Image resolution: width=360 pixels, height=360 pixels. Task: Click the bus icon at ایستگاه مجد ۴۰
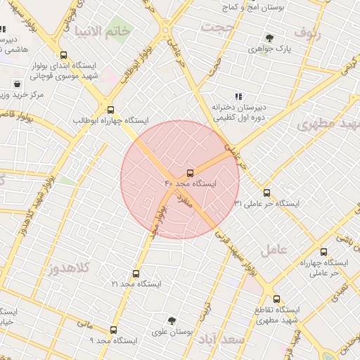coord(190,173)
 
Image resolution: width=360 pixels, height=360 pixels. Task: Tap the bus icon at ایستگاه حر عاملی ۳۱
coord(266,193)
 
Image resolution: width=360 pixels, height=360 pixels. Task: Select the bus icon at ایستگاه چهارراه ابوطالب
coord(110,109)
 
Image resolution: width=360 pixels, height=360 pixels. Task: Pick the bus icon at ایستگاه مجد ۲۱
coord(136,274)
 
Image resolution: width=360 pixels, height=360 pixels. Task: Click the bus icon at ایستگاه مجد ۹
coord(113,330)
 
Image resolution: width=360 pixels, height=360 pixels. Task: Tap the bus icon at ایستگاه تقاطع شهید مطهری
coord(276,299)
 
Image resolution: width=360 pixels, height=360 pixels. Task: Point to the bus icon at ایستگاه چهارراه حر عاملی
coord(323,252)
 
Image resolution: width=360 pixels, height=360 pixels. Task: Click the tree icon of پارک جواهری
coord(270,38)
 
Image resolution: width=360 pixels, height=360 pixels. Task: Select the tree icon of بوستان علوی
coord(170,321)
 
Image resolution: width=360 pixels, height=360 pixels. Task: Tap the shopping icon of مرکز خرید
coord(16,84)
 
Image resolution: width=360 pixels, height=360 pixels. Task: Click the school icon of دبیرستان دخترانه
coord(238,96)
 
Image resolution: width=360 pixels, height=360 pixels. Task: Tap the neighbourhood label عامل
coord(274,249)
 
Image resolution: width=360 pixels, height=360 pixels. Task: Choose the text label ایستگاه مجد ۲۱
coord(136,285)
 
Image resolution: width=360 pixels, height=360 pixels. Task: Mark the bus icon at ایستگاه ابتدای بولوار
coord(64,56)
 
